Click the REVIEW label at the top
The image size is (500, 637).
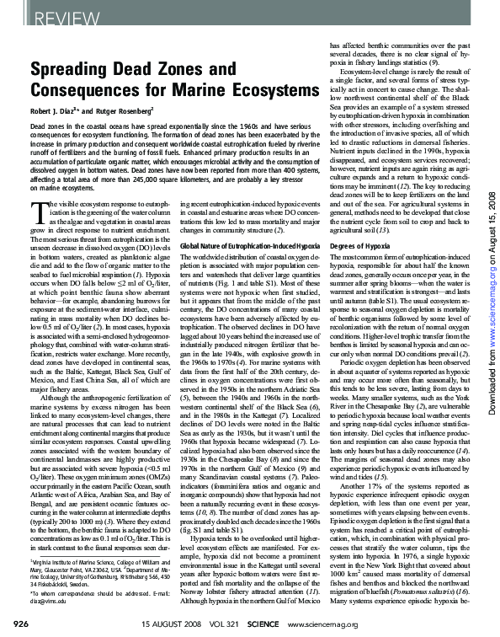pos(38,16)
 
